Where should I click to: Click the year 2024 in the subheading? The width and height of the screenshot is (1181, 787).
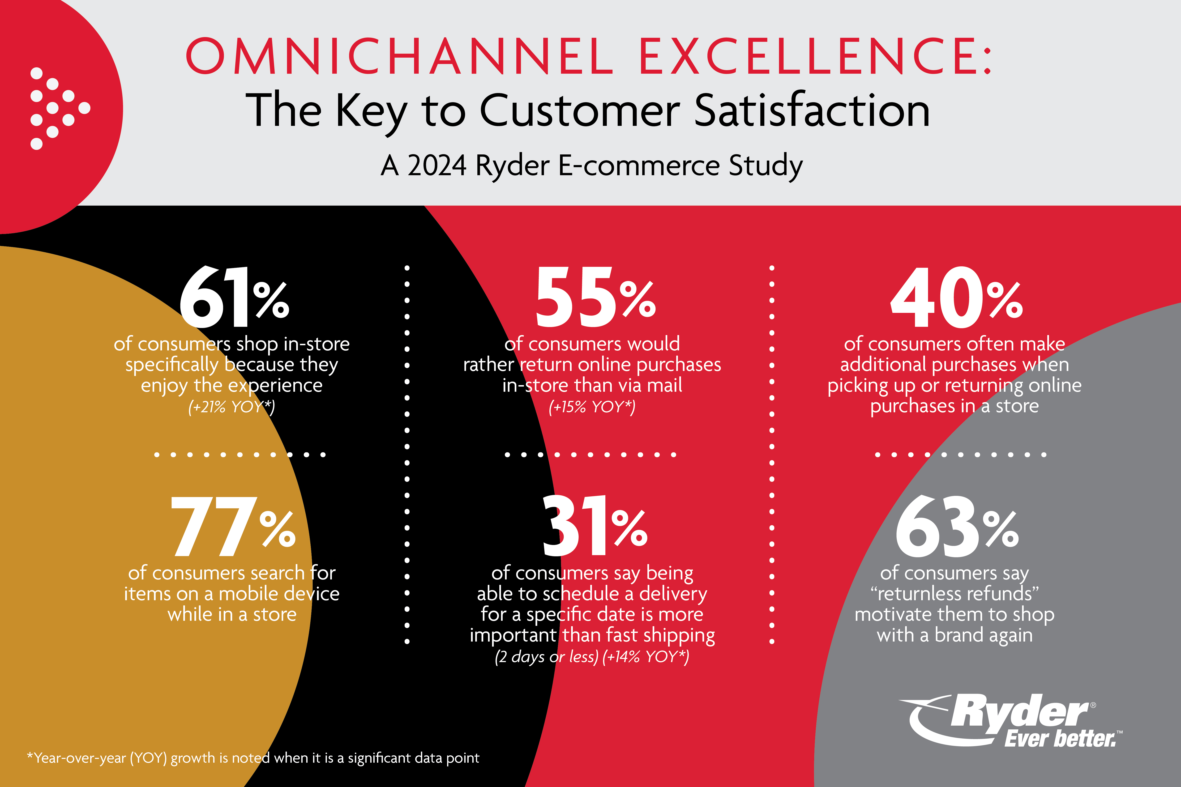click(x=437, y=166)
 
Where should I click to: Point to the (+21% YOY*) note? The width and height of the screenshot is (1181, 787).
click(x=231, y=407)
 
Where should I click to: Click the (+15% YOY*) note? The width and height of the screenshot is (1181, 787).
click(x=592, y=407)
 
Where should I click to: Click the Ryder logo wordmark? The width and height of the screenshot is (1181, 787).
click(x=1019, y=712)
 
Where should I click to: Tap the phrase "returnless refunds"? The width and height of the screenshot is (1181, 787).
click(x=954, y=594)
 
